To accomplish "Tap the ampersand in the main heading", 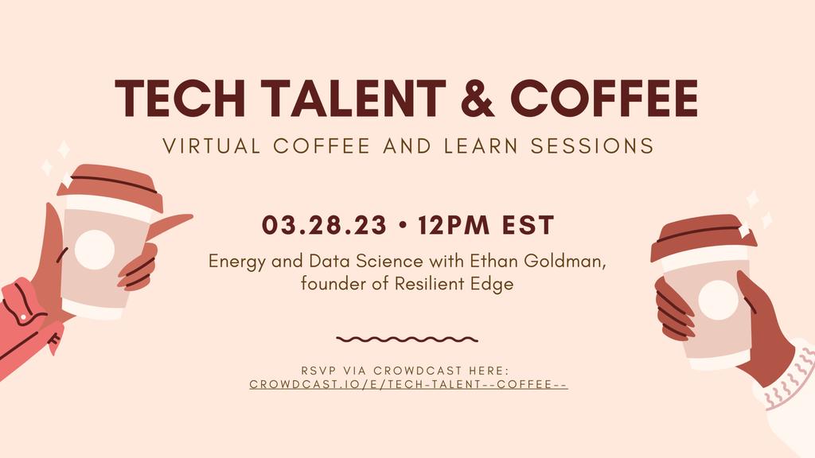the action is click(x=478, y=98).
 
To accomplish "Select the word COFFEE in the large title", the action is click(x=604, y=98).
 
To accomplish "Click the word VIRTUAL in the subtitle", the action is click(x=212, y=146).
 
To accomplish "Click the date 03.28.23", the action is click(x=325, y=225).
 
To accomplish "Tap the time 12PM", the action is click(x=453, y=225).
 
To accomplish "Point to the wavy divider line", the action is click(x=407, y=340).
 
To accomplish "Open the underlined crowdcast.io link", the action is click(x=408, y=384).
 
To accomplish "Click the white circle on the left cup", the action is click(x=95, y=249).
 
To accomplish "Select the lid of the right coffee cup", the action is click(x=703, y=237).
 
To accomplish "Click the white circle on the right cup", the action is click(x=719, y=300).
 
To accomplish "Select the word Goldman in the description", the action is click(x=565, y=260).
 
